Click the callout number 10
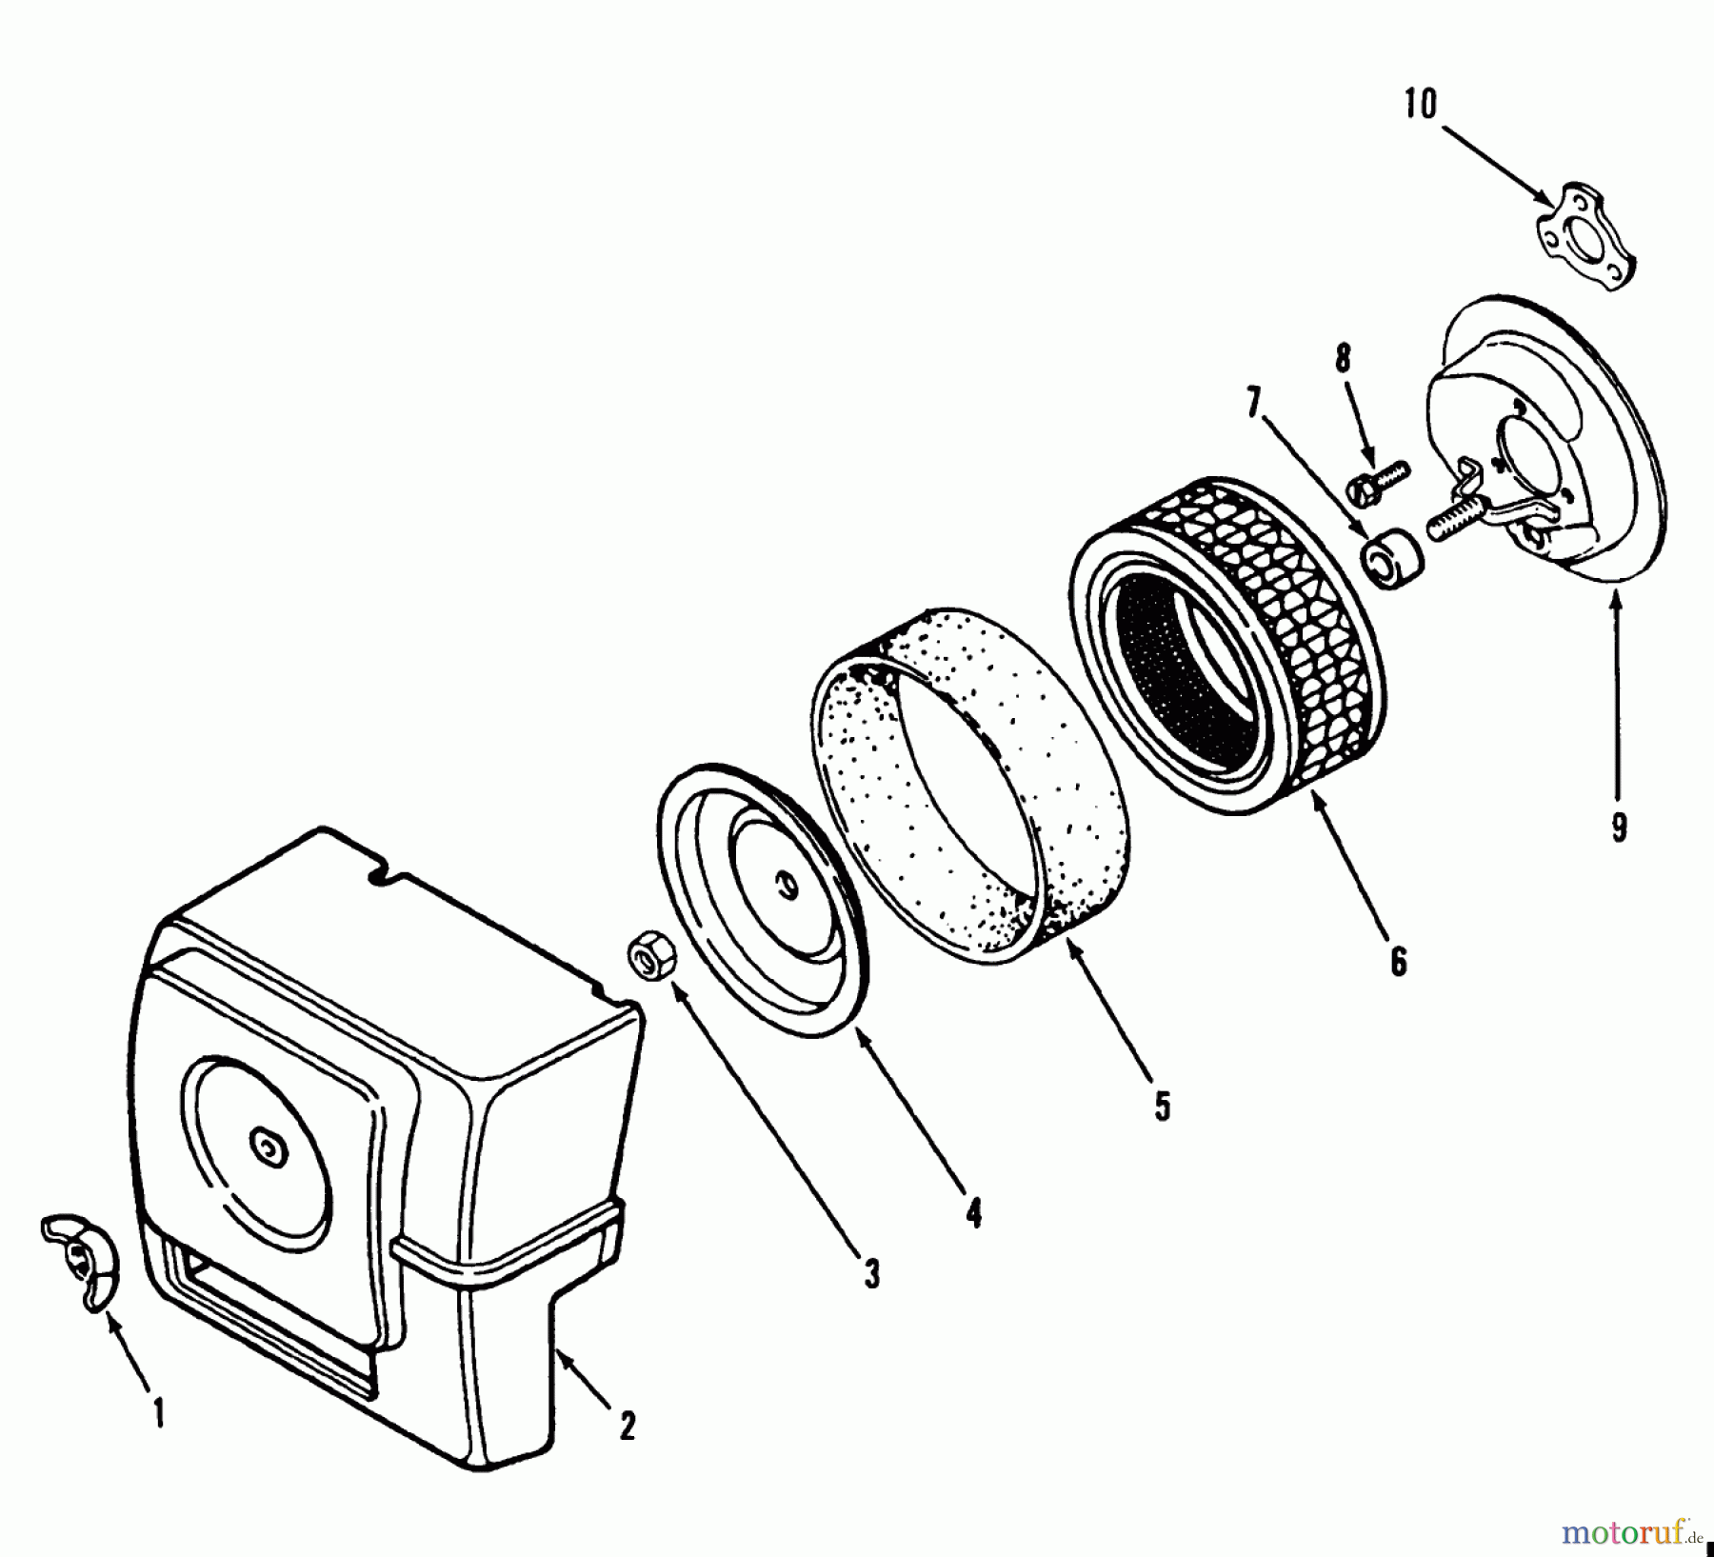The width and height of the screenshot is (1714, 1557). [x=1419, y=105]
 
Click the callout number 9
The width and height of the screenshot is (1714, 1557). [x=1619, y=827]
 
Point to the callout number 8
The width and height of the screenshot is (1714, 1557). [x=1343, y=359]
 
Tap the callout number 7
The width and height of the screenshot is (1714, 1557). [x=1253, y=404]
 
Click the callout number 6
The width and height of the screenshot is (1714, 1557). [x=1398, y=962]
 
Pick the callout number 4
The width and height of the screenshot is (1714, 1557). [x=973, y=1213]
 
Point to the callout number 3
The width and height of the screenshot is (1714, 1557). [x=871, y=1274]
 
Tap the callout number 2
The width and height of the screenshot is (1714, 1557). [x=627, y=1426]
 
